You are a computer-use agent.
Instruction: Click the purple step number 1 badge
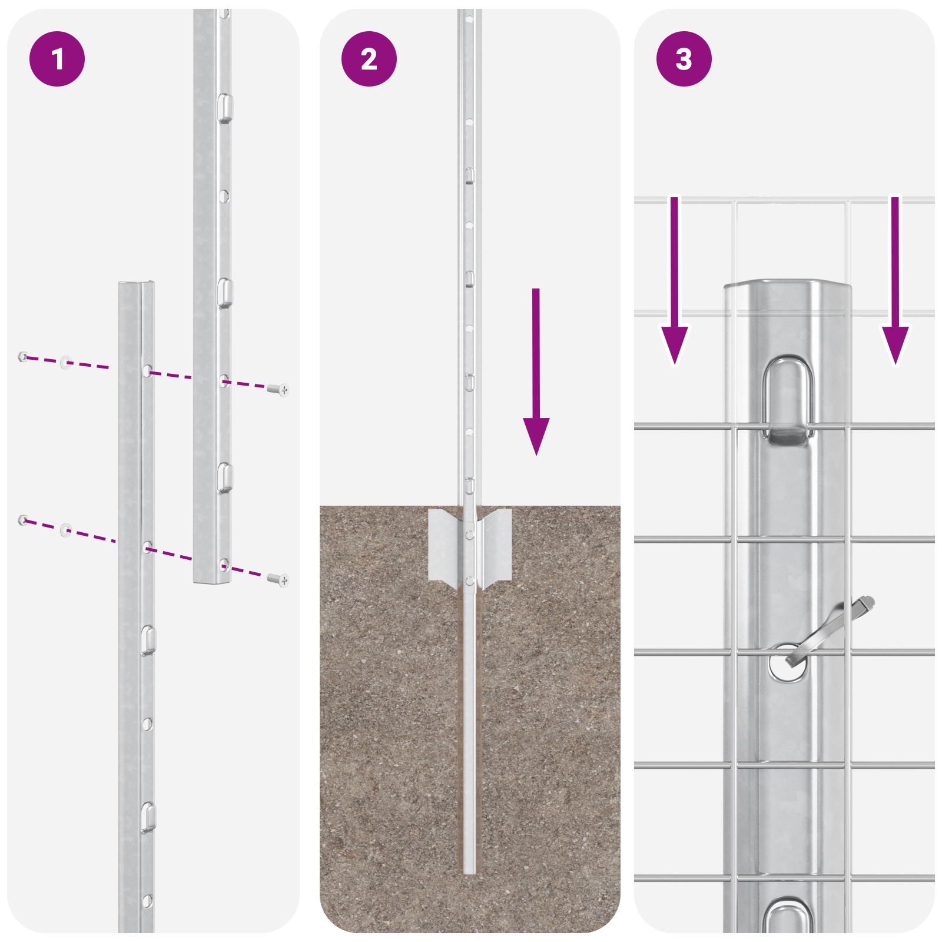(57, 59)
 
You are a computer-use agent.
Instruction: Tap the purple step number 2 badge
(369, 59)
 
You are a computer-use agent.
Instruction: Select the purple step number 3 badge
(684, 59)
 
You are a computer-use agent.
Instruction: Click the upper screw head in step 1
(278, 389)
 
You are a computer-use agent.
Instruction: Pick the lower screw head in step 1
(278, 580)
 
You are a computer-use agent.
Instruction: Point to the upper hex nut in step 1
(23, 356)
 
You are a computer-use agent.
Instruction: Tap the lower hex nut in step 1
(23, 520)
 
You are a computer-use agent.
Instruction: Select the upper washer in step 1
(65, 362)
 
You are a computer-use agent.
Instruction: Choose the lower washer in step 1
(65, 529)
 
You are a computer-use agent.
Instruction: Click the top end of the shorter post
(137, 285)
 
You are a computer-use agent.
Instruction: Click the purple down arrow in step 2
(536, 372)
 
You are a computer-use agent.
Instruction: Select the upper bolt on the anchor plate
(469, 535)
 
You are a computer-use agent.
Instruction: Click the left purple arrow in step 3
(675, 281)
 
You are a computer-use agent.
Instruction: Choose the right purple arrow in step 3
(895, 281)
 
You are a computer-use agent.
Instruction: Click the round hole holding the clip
(787, 663)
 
